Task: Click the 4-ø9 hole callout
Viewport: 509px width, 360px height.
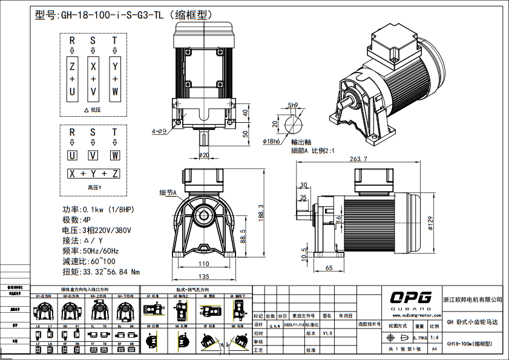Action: pos(159,131)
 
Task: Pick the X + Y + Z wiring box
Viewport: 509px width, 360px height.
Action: pos(93,174)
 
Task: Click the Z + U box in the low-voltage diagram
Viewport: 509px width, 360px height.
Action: pos(72,79)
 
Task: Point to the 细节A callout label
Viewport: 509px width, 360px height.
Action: pos(167,192)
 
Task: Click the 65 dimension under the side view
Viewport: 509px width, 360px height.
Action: pos(329,267)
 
